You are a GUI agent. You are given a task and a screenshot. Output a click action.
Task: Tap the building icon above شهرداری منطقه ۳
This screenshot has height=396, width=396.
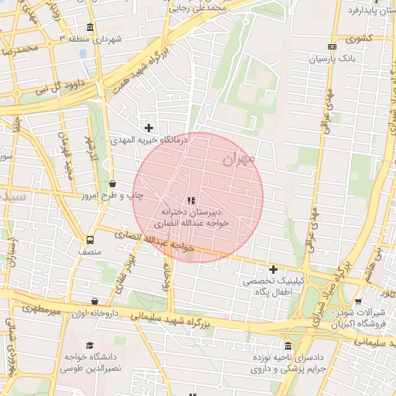point(90,28)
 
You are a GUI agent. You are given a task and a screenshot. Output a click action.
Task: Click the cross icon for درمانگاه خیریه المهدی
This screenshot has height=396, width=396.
point(148,128)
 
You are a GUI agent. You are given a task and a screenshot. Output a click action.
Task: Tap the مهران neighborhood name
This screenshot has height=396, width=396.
point(237,160)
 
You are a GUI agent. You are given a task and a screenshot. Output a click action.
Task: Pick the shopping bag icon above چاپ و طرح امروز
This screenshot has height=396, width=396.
point(113,184)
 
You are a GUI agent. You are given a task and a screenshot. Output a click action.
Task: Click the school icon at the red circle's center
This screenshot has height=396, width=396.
point(191,200)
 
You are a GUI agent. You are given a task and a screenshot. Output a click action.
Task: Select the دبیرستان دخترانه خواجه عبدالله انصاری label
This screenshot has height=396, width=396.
point(191,216)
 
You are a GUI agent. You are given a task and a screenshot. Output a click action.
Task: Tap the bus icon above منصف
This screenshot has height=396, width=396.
point(90,239)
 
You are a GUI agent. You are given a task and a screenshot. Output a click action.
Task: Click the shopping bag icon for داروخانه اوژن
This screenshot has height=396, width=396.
point(95,302)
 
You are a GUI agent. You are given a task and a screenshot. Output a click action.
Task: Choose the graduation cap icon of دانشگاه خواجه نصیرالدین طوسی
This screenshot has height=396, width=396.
point(90,345)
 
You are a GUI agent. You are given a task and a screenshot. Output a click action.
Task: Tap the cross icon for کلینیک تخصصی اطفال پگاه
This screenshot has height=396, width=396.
point(273,268)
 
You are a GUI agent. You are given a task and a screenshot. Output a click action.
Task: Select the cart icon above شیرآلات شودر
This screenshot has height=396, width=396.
point(357,302)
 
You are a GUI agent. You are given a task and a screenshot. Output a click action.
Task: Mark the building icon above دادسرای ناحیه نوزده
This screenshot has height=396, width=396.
point(288,346)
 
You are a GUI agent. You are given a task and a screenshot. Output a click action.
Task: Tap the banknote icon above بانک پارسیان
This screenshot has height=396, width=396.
point(333,46)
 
